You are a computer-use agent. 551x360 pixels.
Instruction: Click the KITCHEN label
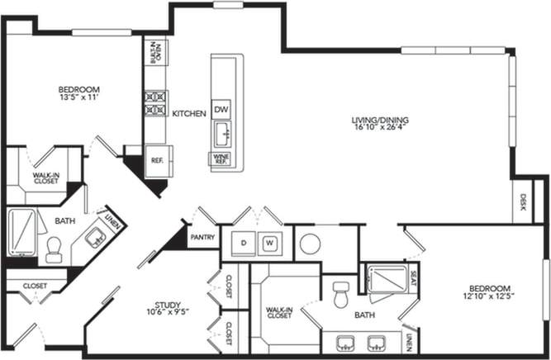[188, 113]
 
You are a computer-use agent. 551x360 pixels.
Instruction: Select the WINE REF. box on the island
[221, 159]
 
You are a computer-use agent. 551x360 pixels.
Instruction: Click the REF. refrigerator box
[155, 160]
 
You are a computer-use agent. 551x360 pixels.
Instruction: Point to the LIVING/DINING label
[380, 124]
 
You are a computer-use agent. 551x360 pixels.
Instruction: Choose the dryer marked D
[244, 243]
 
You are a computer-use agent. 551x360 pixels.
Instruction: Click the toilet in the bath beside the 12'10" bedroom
[340, 295]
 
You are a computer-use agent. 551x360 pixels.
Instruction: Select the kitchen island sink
[221, 133]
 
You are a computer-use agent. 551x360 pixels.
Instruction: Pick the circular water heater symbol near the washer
[310, 243]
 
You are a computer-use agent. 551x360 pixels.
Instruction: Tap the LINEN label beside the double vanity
[410, 339]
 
